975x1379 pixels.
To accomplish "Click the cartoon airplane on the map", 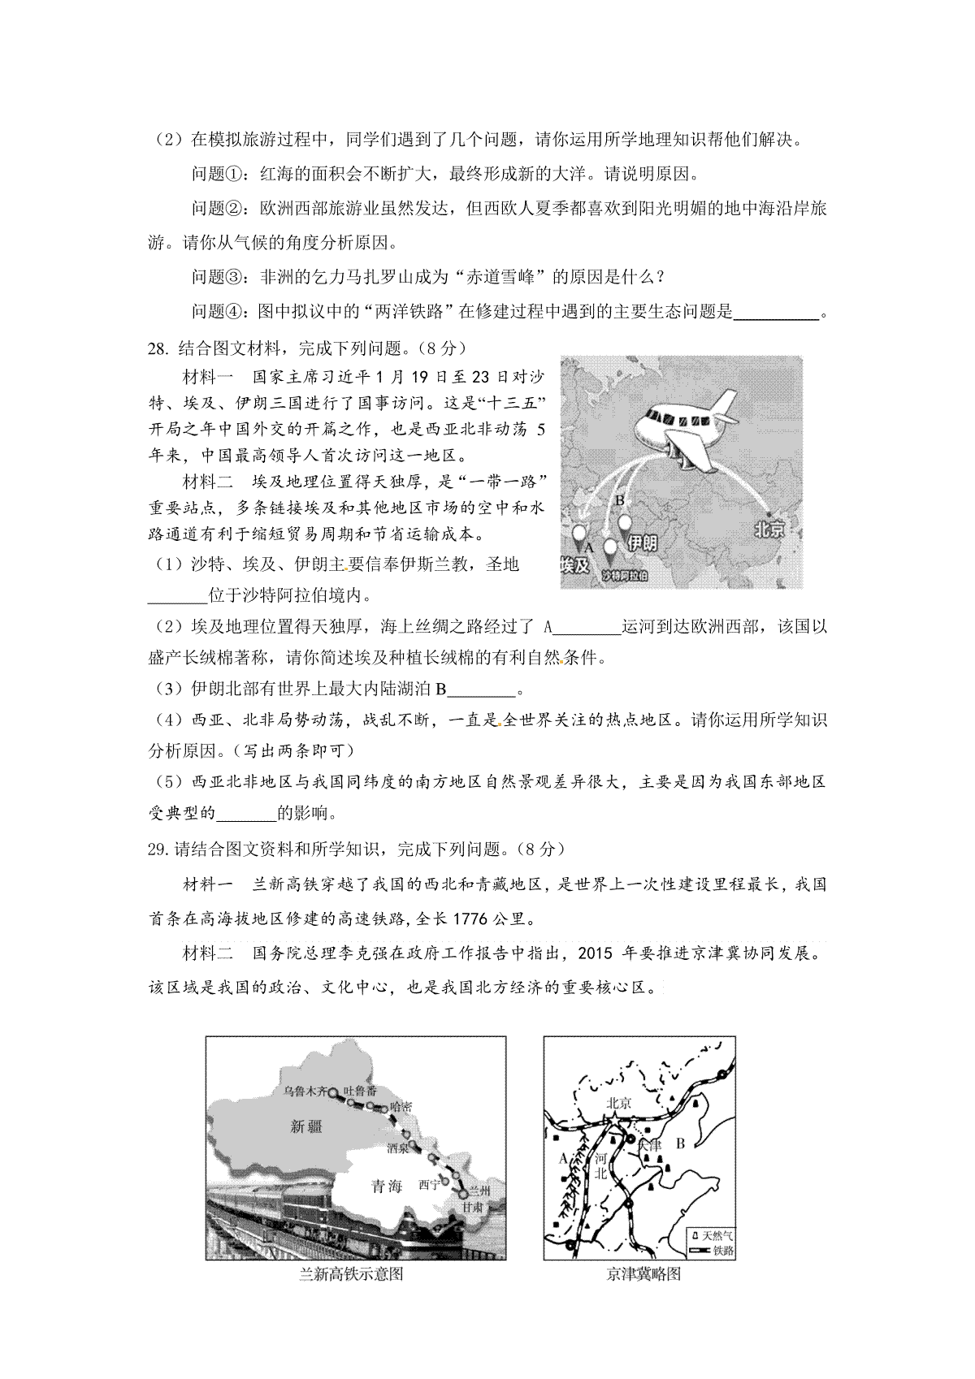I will pos(687,427).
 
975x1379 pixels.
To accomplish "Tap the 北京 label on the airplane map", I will pos(769,530).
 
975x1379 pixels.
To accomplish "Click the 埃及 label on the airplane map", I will pos(574,565).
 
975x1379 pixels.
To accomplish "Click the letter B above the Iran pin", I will pos(619,500).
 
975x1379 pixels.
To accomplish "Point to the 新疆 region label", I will pos(306,1126).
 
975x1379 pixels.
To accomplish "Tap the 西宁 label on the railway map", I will pos(428,1184).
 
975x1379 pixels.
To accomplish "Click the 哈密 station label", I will pos(401,1106).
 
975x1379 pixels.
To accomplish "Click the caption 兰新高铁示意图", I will pos(351,1274).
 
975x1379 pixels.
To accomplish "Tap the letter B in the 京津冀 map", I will pos(680,1143).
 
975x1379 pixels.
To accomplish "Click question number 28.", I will pos(157,348).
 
